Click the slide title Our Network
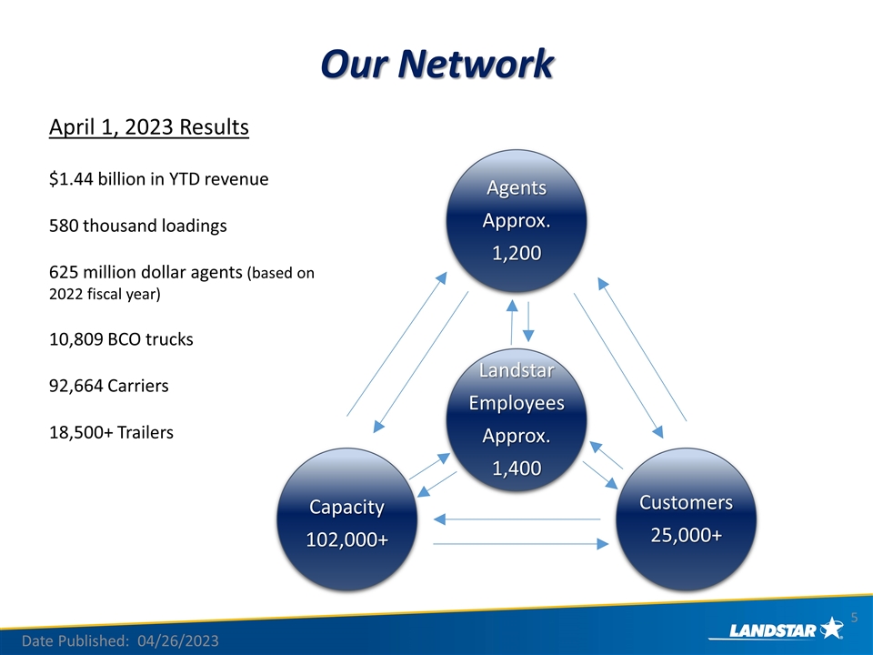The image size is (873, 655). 436,65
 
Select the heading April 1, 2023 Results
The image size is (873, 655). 148,126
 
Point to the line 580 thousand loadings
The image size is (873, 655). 137,226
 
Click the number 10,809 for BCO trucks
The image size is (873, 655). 75,339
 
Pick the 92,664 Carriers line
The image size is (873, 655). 108,386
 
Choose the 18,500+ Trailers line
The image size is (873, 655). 110,432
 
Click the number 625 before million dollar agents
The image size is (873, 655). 63,273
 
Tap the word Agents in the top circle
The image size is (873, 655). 517,188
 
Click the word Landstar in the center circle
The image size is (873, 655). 517,371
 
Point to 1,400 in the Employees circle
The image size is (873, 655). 517,469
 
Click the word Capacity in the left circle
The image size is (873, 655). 346,507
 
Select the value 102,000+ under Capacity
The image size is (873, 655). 346,539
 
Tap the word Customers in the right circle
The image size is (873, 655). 686,502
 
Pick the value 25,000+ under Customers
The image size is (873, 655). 686,535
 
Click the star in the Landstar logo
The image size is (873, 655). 830,627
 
